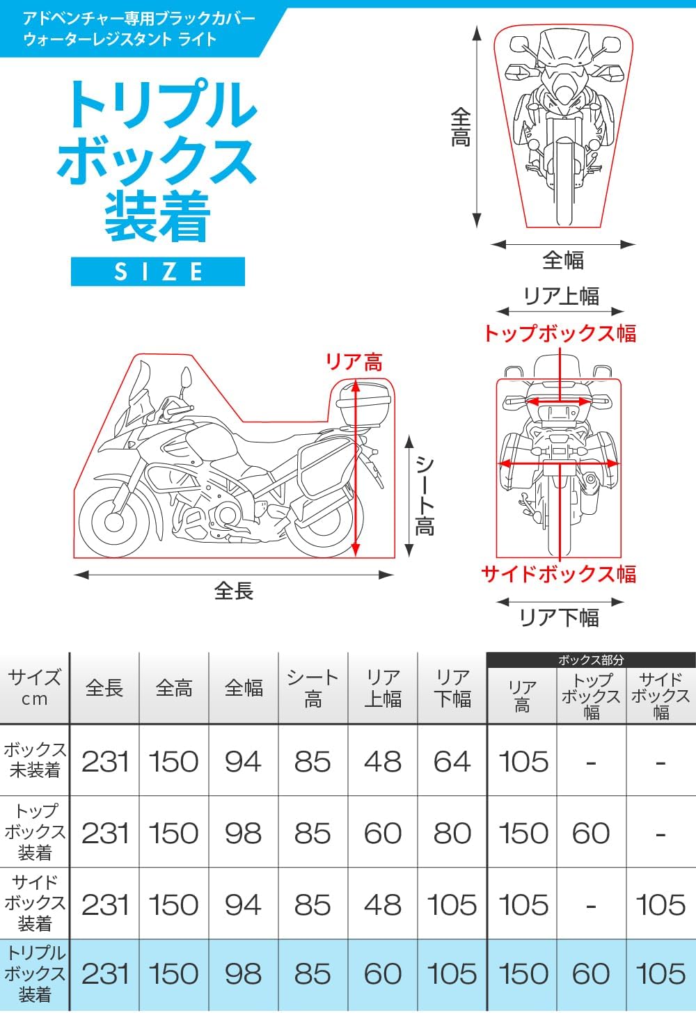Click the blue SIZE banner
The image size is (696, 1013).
click(x=158, y=271)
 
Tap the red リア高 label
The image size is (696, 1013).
click(x=354, y=362)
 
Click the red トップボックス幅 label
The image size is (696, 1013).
click(x=560, y=334)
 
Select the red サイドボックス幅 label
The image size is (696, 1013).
click(x=558, y=574)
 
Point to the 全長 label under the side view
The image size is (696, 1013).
click(x=234, y=591)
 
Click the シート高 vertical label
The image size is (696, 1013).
click(x=425, y=495)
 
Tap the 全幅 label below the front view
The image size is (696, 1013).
click(x=562, y=260)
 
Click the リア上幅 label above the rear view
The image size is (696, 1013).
click(x=561, y=296)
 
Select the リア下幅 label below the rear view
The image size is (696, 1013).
click(x=559, y=617)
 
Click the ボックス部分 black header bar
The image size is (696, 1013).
click(x=591, y=660)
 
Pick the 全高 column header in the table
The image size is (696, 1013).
click(x=174, y=688)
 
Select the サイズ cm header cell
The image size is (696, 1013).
click(x=35, y=688)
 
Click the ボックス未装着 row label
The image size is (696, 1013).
click(x=35, y=760)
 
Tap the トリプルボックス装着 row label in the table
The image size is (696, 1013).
click(x=35, y=973)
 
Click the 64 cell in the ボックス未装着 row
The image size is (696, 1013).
click(x=452, y=761)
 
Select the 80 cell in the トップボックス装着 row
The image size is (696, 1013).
click(x=452, y=833)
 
